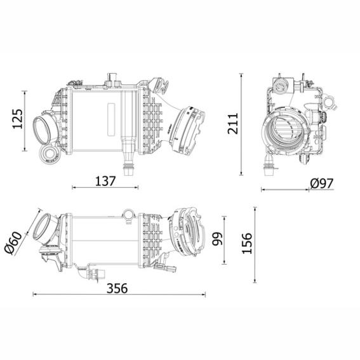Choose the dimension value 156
click(x=247, y=243)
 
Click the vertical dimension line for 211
click(x=241, y=124)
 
